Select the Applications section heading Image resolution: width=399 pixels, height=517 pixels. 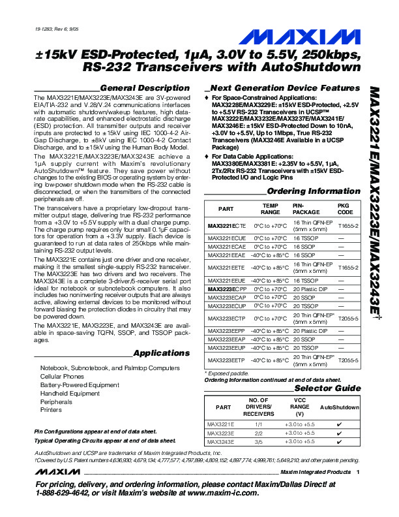162,353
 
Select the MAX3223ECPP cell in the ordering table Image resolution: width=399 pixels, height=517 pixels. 226,288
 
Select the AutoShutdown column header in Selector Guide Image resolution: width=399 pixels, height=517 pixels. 339,407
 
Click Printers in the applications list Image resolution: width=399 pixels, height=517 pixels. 51,410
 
